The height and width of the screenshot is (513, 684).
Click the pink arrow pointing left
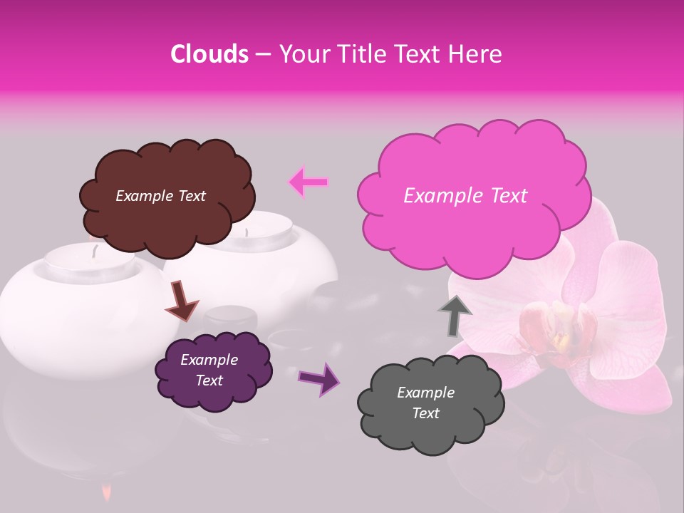[308, 182]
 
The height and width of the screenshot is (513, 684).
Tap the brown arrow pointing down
[182, 300]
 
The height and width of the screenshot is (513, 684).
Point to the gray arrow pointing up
[455, 313]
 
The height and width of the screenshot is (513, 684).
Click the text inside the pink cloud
[465, 196]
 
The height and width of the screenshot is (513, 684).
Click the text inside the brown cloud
[160, 196]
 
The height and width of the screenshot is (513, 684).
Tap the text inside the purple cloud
[209, 370]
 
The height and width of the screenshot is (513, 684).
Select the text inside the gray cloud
[425, 403]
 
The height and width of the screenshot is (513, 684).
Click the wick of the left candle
[93, 250]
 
